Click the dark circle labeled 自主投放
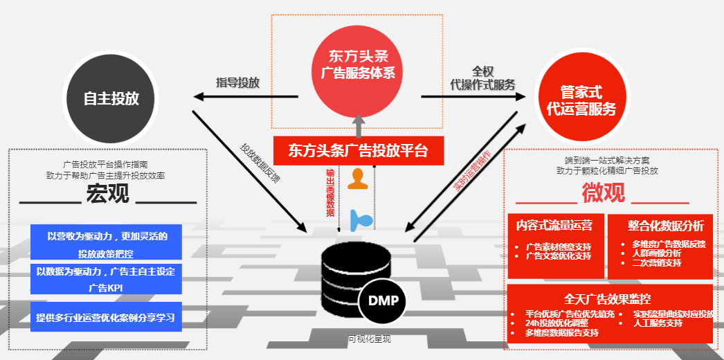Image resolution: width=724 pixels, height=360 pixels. tap(111, 98)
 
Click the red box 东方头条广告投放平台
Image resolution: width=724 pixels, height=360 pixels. tap(358, 150)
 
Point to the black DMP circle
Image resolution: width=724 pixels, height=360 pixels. tap(382, 302)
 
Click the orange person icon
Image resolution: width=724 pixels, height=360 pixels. tap(357, 179)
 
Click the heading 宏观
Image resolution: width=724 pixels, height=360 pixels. tap(107, 195)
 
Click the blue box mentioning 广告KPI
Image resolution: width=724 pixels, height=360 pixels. tap(106, 279)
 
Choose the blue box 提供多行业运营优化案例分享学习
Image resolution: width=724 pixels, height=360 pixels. tap(106, 317)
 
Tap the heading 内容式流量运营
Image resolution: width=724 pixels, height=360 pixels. tap(554, 225)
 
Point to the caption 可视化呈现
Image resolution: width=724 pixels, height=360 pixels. tap(369, 339)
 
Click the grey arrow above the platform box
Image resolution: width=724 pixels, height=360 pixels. tap(359, 125)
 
